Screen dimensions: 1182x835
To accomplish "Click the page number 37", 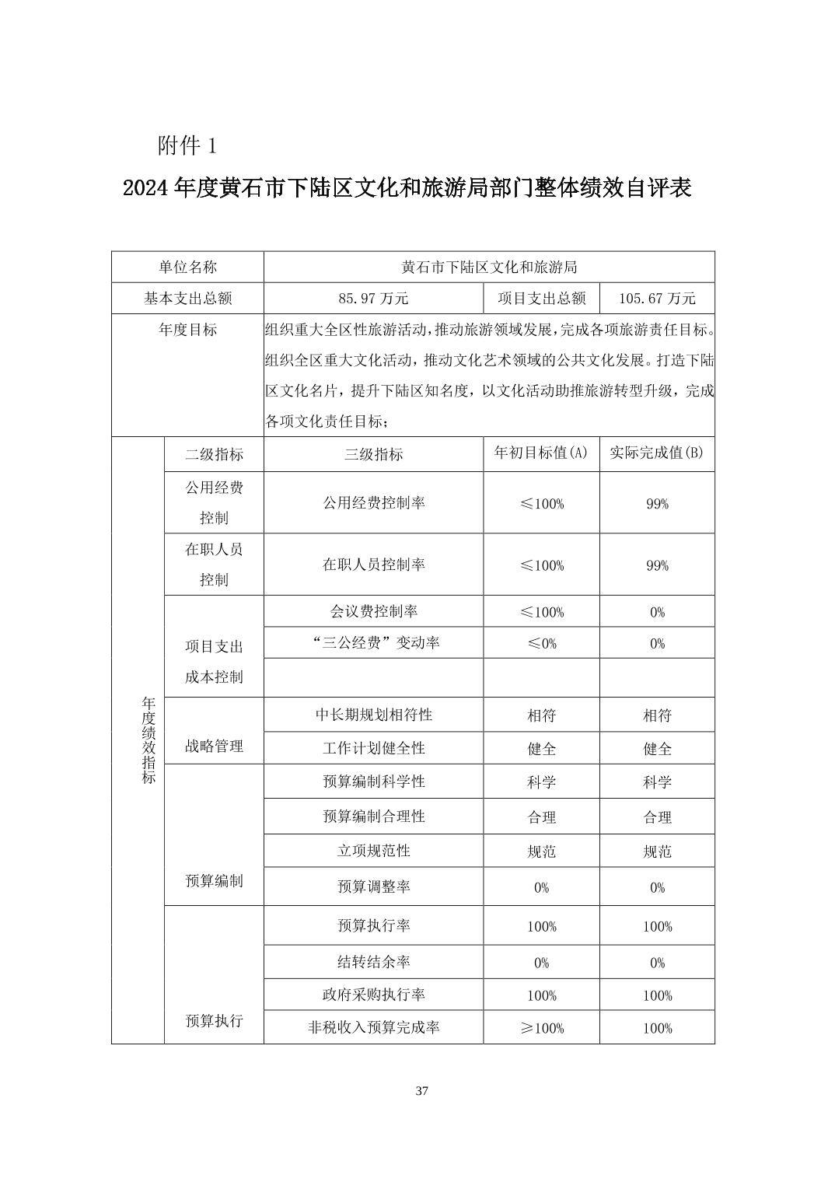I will click(x=421, y=1091).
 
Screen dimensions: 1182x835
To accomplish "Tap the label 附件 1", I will click(x=187, y=145).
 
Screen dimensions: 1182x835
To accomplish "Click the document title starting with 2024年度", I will click(x=407, y=188).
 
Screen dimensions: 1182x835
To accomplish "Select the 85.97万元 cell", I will click(x=373, y=299).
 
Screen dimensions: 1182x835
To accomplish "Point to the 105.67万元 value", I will click(x=657, y=299).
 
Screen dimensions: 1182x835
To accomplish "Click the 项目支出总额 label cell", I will click(x=541, y=299).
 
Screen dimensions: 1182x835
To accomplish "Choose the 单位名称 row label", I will click(x=187, y=267).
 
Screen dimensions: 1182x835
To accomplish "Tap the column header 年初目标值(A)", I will click(x=541, y=453).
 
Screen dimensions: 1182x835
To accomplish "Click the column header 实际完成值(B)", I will click(x=657, y=453).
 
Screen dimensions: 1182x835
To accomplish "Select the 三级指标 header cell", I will click(x=373, y=454).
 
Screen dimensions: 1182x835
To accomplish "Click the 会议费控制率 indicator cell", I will click(x=373, y=611).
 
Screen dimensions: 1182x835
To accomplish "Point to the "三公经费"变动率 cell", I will click(x=373, y=643).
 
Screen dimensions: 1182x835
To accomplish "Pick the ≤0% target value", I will click(x=541, y=643).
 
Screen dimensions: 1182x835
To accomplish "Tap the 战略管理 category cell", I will click(x=214, y=747).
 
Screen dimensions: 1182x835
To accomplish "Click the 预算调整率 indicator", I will click(x=373, y=886).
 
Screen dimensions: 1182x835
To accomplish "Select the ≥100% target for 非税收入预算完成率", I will click(x=541, y=1028).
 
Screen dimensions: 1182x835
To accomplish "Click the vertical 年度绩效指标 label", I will click(x=148, y=740).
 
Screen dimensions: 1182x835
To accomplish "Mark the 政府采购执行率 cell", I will click(x=373, y=995).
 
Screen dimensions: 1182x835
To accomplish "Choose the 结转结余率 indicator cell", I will click(x=373, y=962).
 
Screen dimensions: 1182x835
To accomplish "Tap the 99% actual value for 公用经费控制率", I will click(x=657, y=504).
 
